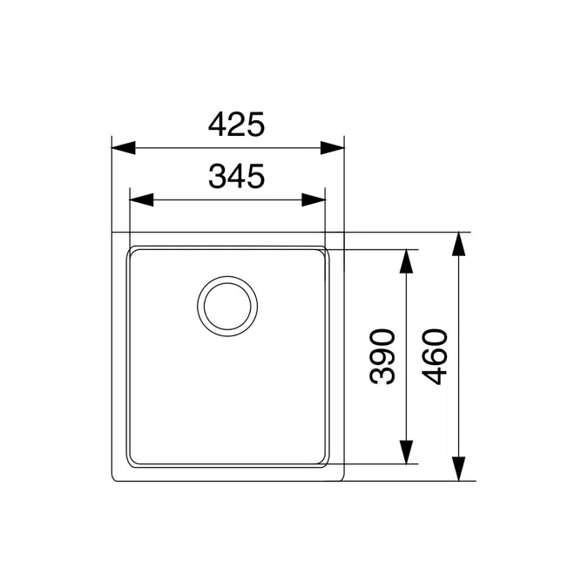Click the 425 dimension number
[x=237, y=124]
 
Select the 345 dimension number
[x=237, y=176]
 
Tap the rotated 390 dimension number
[x=382, y=356]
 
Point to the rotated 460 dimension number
[x=435, y=356]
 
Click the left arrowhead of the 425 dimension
[x=124, y=148]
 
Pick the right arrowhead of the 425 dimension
[x=333, y=148]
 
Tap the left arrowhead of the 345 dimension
[x=141, y=199]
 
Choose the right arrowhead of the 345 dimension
[x=314, y=199]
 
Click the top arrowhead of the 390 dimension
[x=407, y=261]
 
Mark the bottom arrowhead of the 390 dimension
[x=407, y=452]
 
